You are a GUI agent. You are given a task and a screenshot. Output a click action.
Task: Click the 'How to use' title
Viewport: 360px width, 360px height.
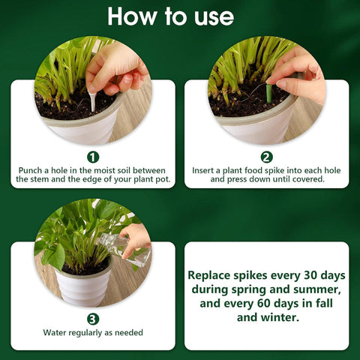[x=180, y=16]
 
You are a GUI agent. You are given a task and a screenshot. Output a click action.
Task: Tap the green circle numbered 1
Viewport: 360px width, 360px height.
[x=93, y=157]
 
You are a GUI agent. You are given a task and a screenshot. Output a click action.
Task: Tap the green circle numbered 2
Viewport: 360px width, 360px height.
[x=266, y=157]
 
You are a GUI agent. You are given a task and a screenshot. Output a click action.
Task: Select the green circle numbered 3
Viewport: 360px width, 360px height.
[x=93, y=318]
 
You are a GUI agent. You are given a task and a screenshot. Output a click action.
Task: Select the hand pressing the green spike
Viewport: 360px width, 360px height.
[x=300, y=77]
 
